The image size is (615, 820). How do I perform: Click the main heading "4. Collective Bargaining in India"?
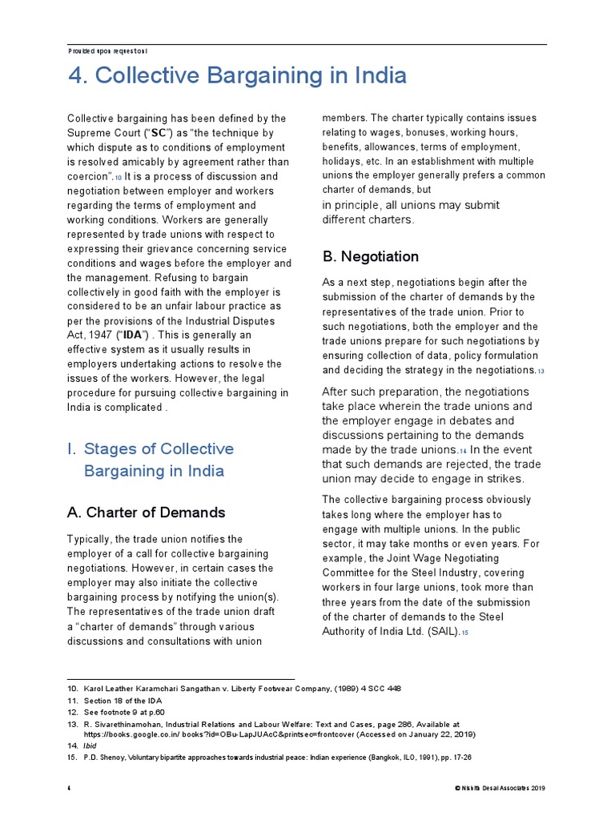236,76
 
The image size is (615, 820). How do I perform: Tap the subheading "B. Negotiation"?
370,257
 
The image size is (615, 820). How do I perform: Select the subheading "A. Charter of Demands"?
146,512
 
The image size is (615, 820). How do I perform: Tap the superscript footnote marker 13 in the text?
541,372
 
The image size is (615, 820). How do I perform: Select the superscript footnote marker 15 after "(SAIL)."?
464,633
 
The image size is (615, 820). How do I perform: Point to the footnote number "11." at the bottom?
72,701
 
